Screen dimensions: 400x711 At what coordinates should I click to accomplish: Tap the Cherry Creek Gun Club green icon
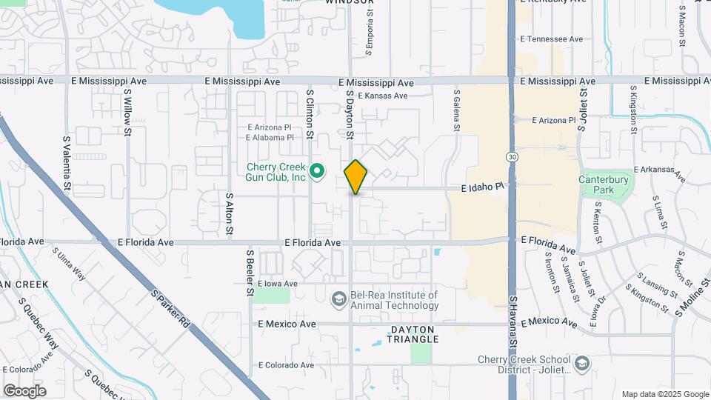(318, 173)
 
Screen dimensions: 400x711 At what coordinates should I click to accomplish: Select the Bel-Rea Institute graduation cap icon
(338, 299)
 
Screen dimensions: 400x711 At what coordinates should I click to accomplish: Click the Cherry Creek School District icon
(582, 364)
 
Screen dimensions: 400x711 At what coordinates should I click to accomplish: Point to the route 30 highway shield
(512, 156)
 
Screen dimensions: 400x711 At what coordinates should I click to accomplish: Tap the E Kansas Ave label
(382, 96)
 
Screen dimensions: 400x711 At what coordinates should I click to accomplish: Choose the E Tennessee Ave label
(552, 39)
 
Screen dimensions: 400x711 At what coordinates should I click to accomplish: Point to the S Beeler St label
(250, 272)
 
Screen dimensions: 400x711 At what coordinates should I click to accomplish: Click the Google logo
(24, 390)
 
